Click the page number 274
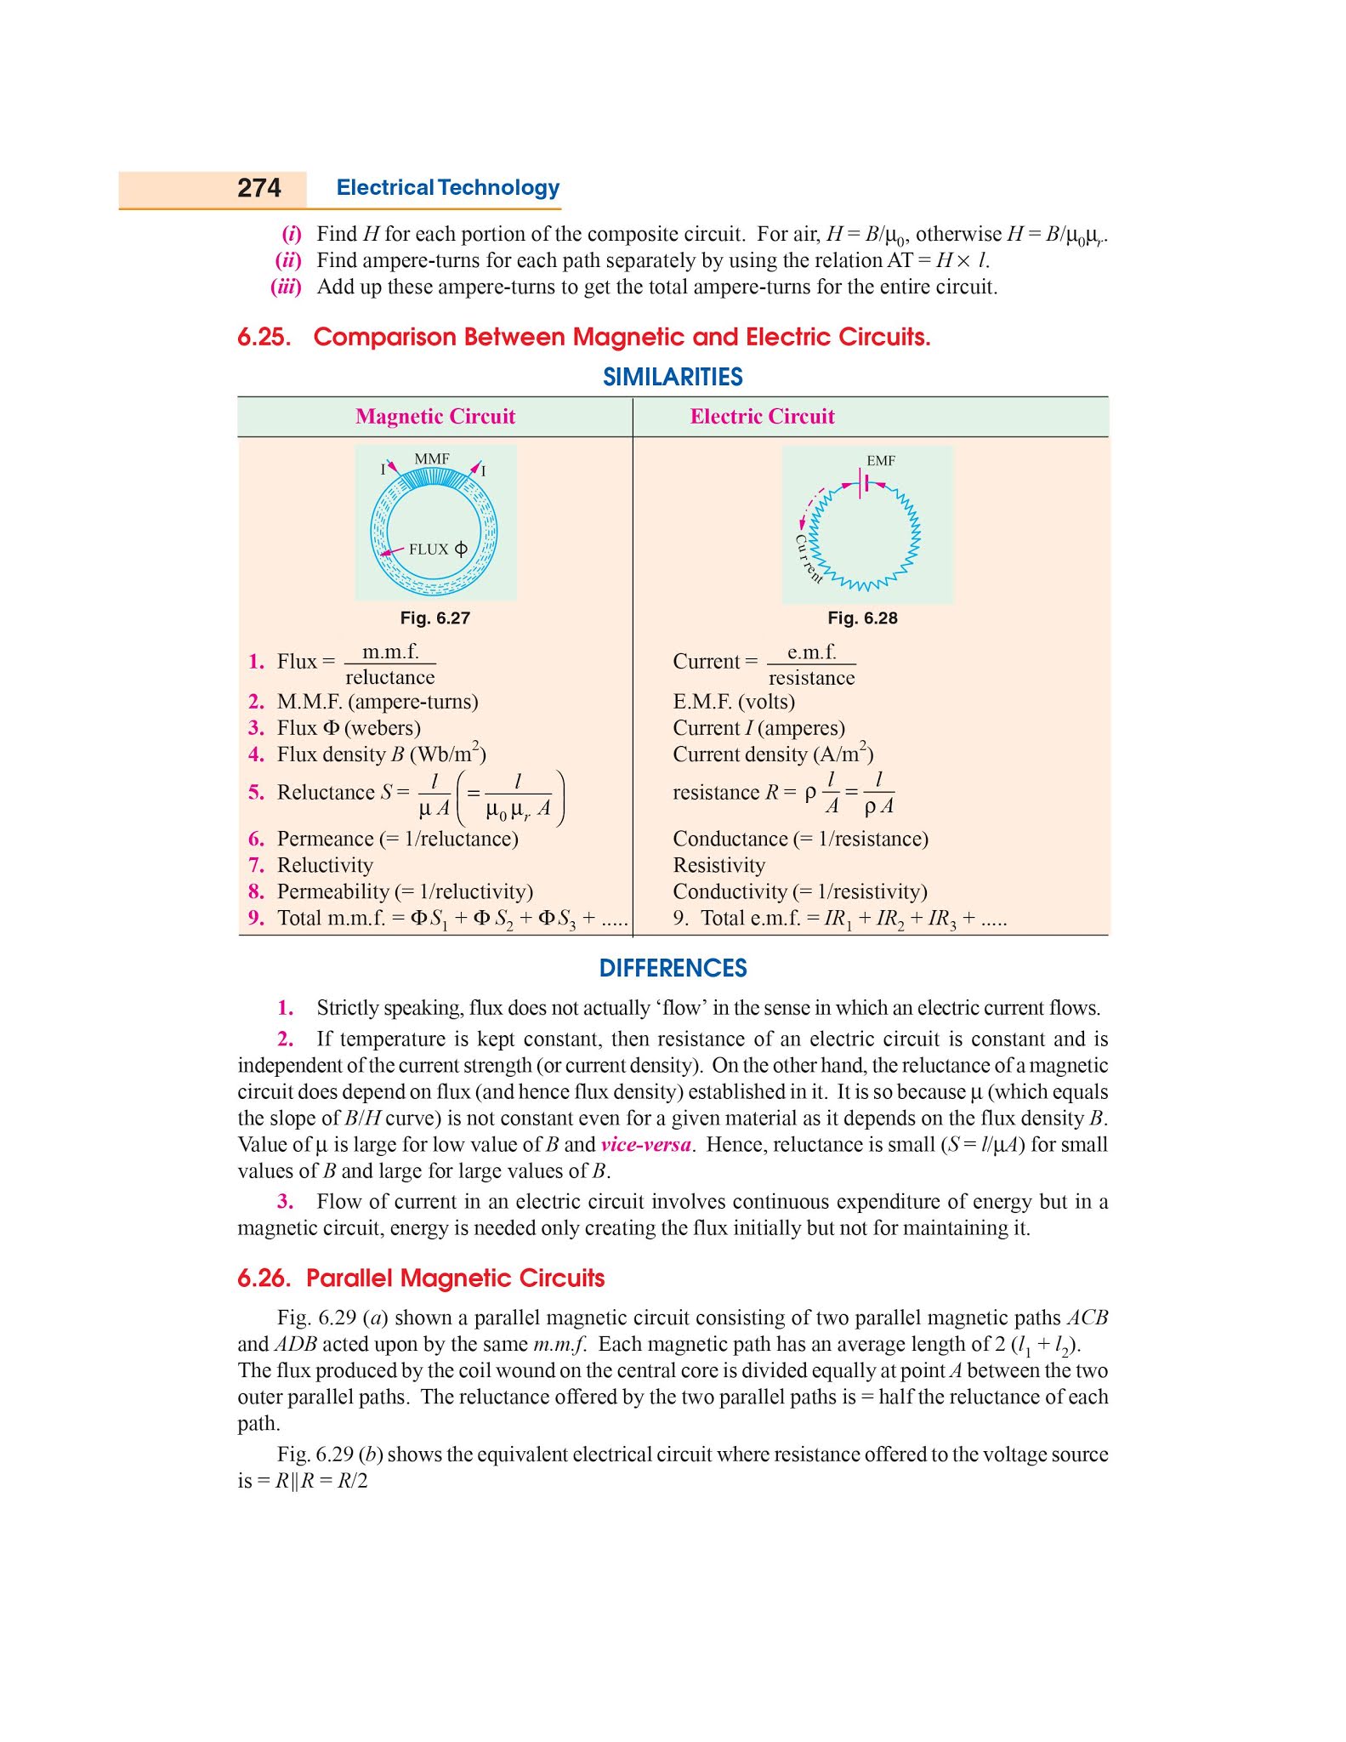pyautogui.click(x=258, y=188)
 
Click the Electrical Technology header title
pyautogui.click(x=448, y=188)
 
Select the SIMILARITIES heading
pyautogui.click(x=673, y=377)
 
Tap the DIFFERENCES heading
pyautogui.click(x=673, y=968)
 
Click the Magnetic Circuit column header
pyautogui.click(x=435, y=416)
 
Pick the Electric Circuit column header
pyautogui.click(x=762, y=416)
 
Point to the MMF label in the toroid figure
pyautogui.click(x=432, y=459)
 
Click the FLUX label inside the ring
pyautogui.click(x=429, y=549)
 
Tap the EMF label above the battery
pyautogui.click(x=881, y=460)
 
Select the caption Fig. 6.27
pyautogui.click(x=435, y=618)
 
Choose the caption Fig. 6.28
pyautogui.click(x=862, y=618)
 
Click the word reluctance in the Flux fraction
pyautogui.click(x=389, y=678)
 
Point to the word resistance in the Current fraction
pyautogui.click(x=811, y=678)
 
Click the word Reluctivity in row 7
pyautogui.click(x=325, y=865)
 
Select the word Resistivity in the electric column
pyautogui.click(x=718, y=865)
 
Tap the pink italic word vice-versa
pyautogui.click(x=645, y=1145)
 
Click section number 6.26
pyautogui.click(x=264, y=1278)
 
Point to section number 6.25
pyautogui.click(x=264, y=338)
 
